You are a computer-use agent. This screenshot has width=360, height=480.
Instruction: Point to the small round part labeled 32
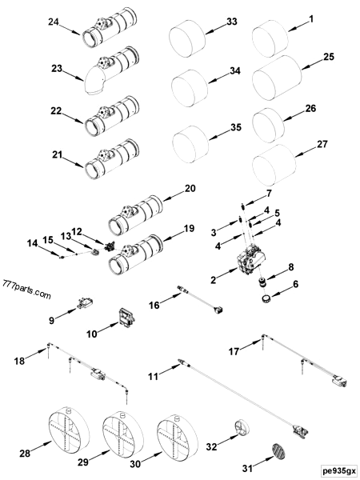(x=242, y=426)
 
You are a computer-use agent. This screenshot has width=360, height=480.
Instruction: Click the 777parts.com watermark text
(x=23, y=284)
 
